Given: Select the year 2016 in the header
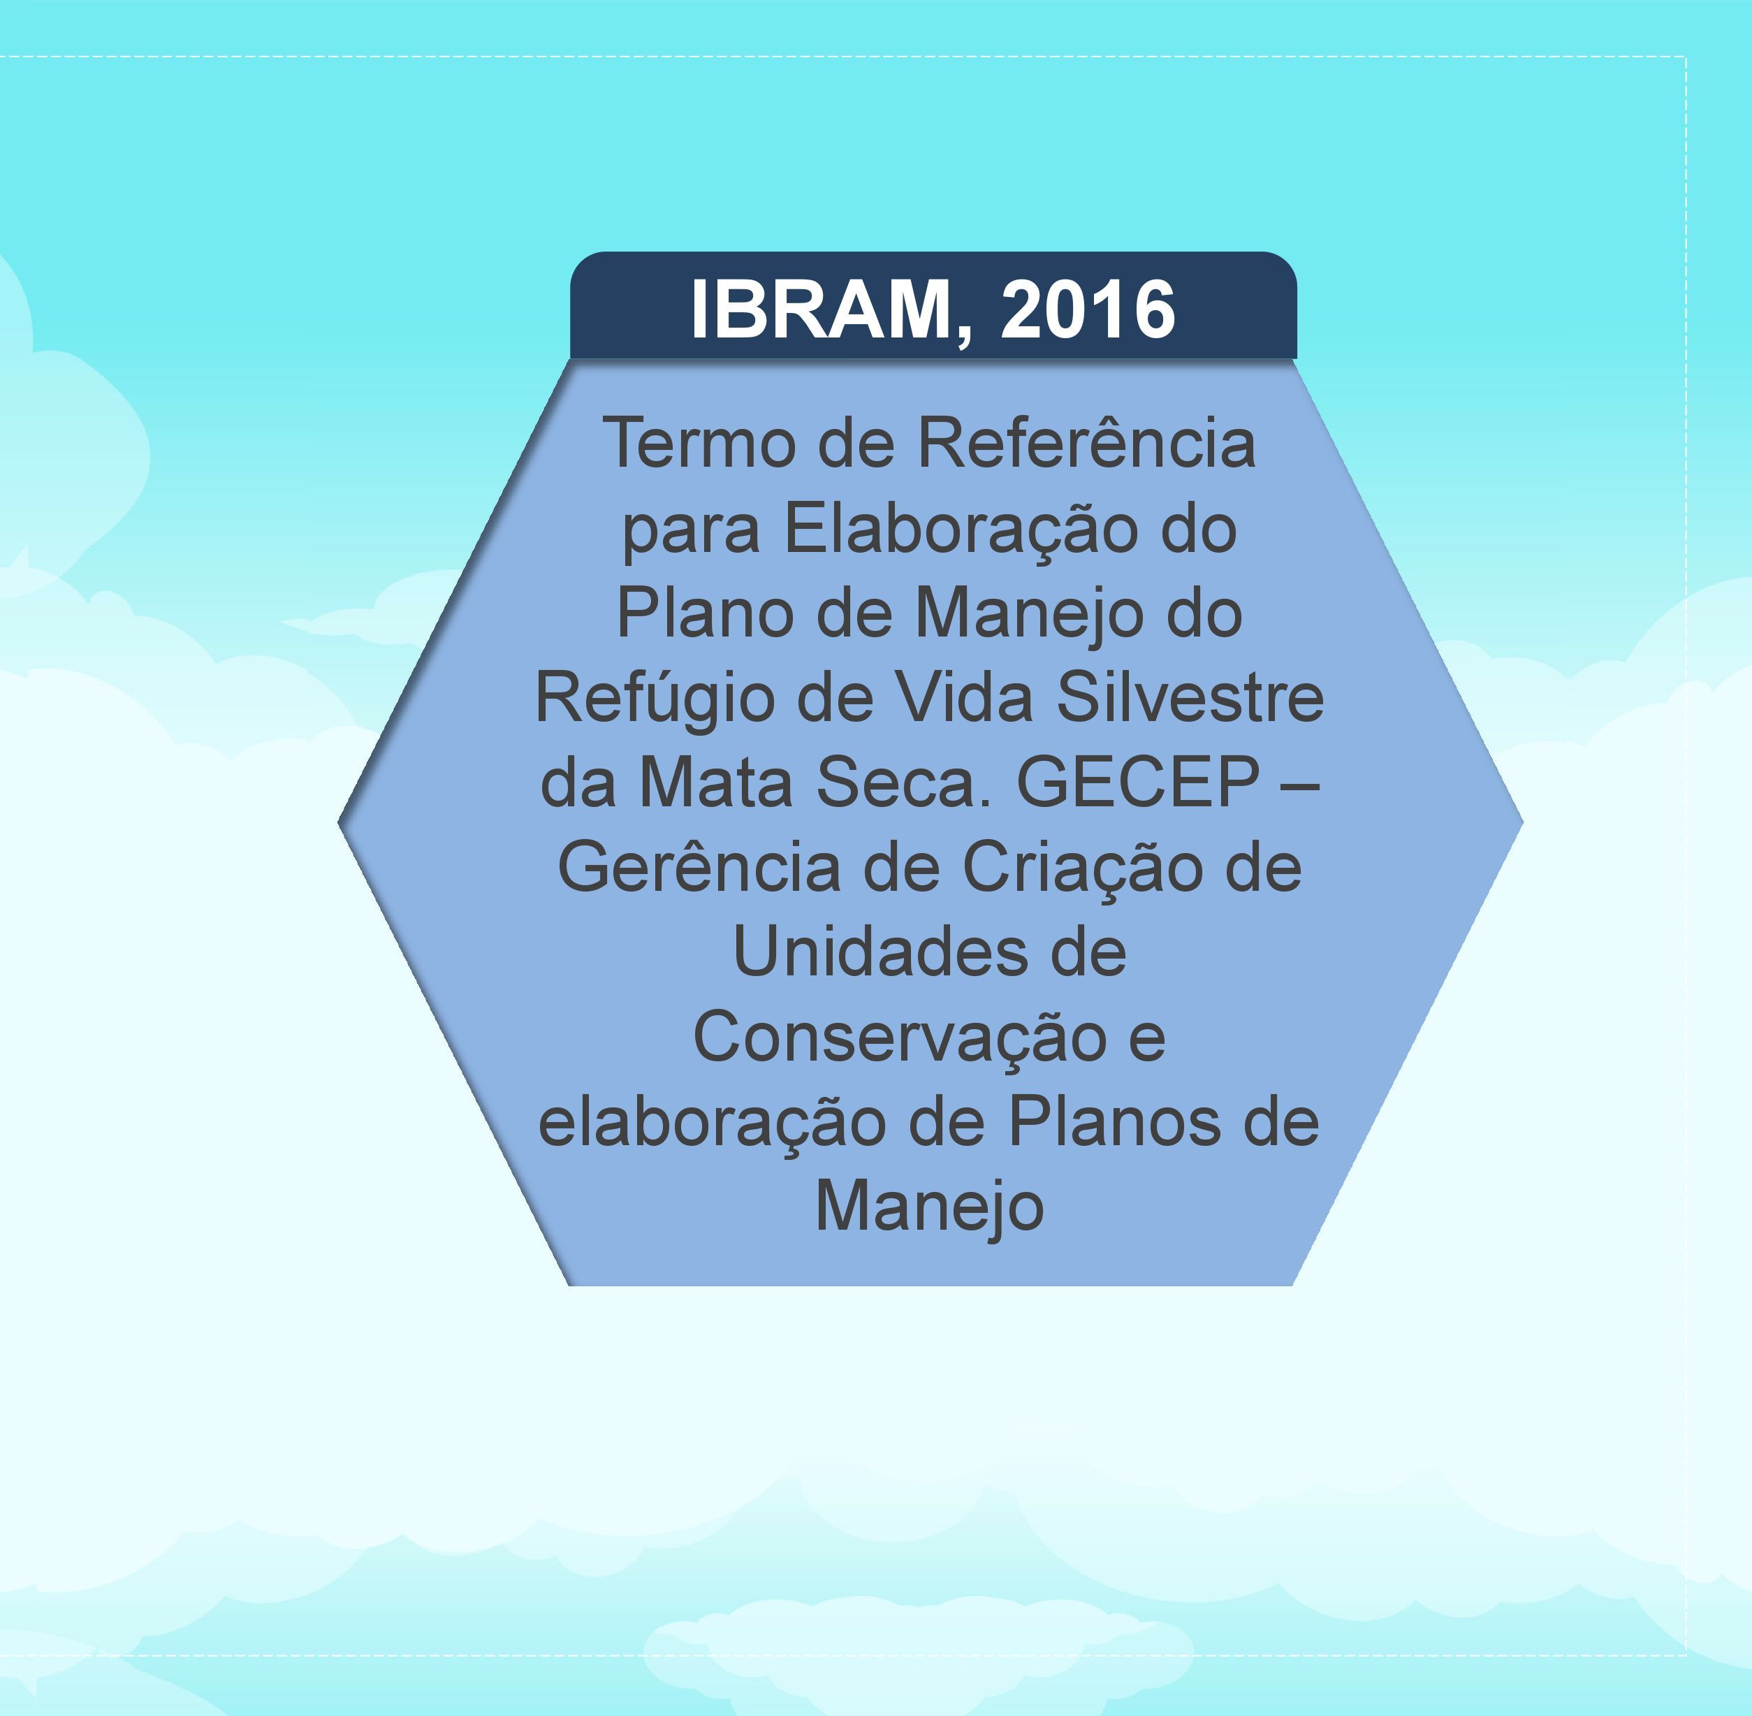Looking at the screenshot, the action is (x=1088, y=309).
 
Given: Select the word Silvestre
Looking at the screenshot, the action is (x=1190, y=697).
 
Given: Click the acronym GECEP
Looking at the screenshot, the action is (x=1137, y=781).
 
